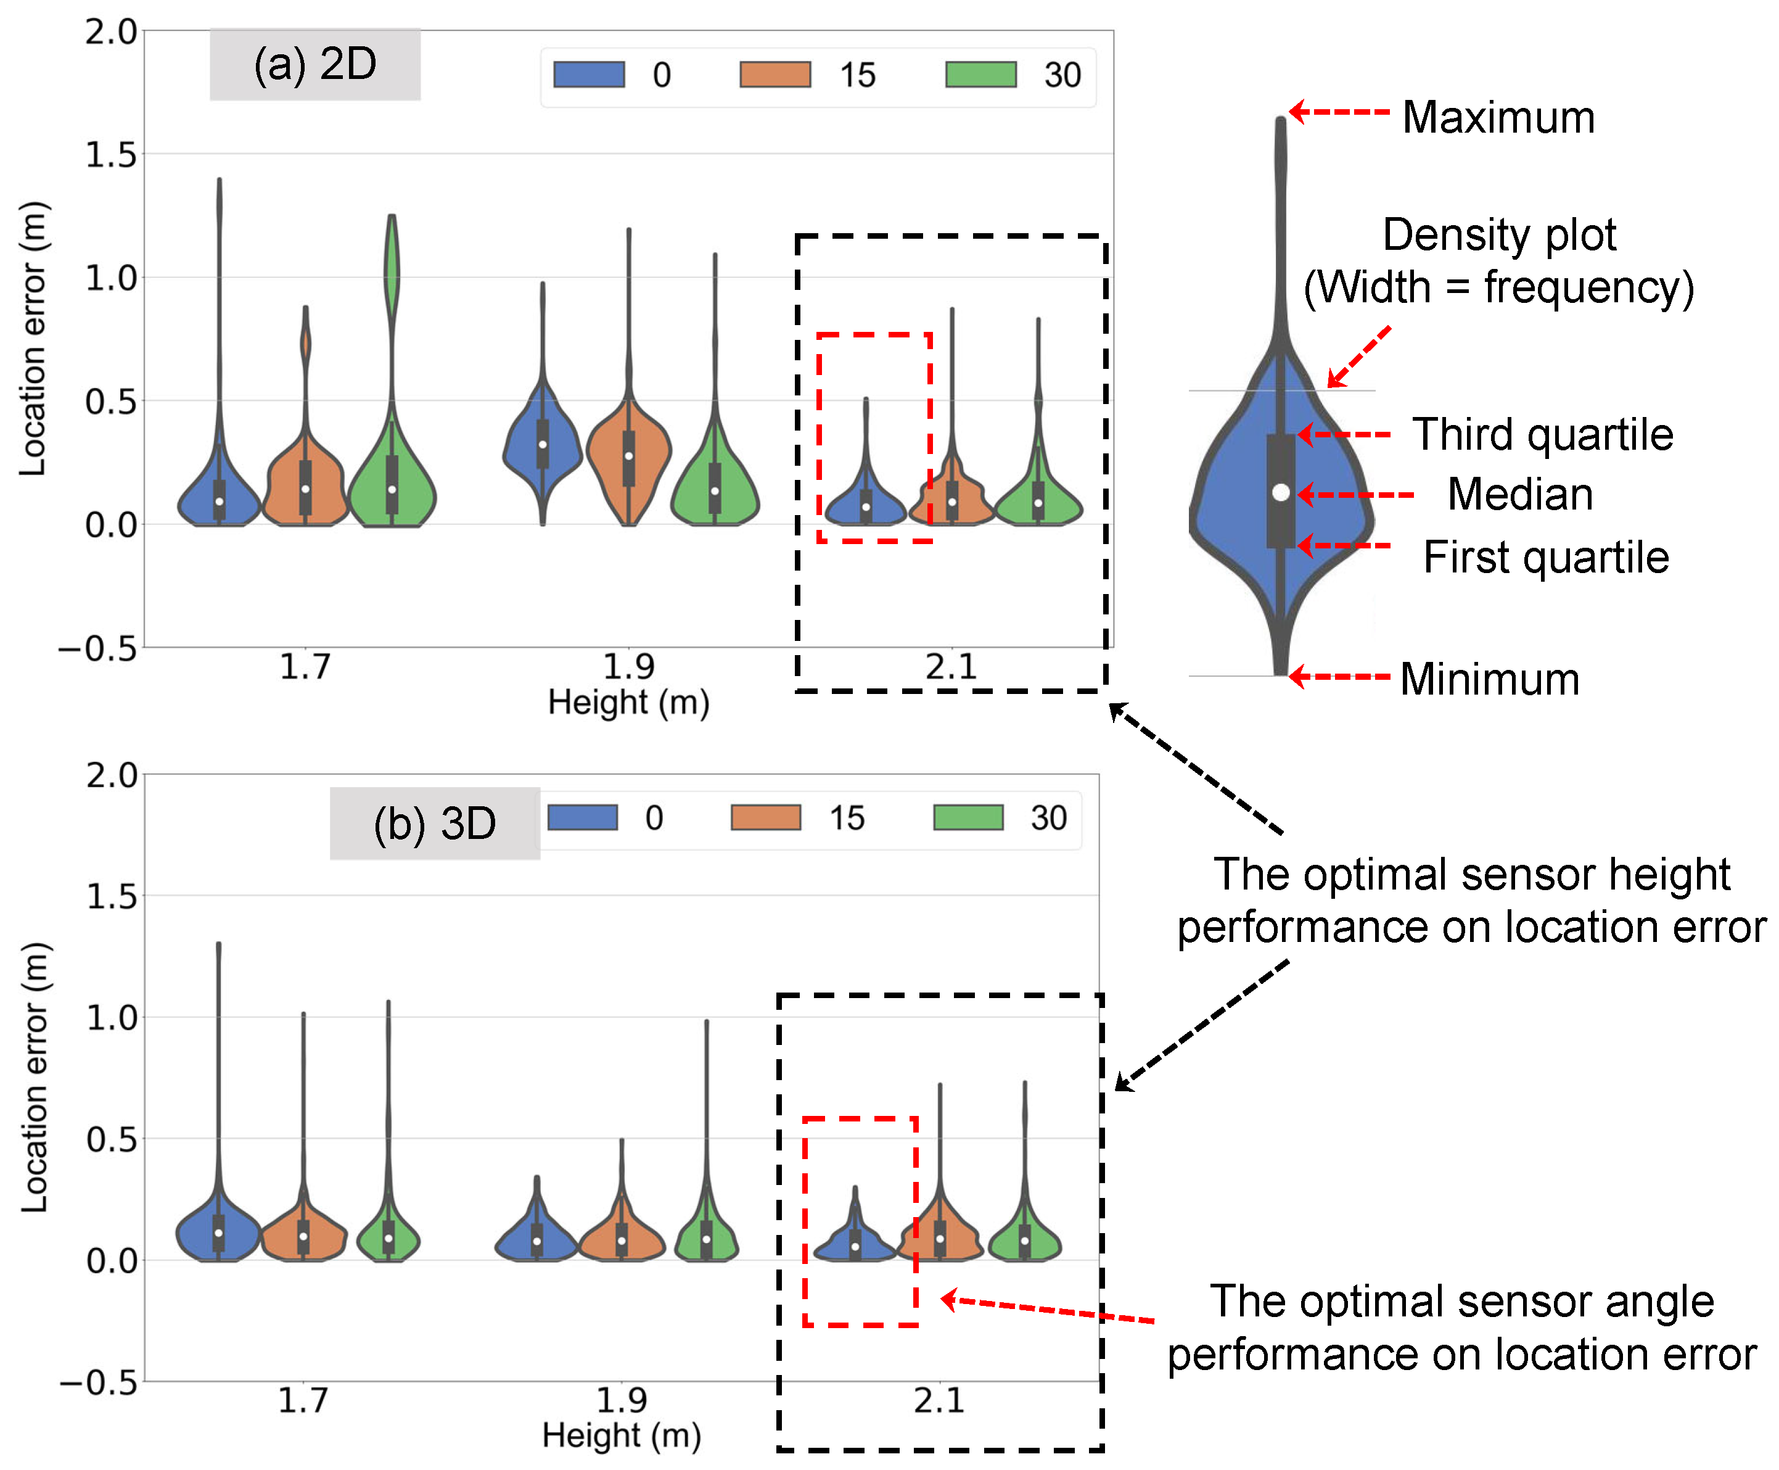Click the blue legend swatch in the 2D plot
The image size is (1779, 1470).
(x=589, y=75)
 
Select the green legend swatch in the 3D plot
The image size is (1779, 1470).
(x=968, y=817)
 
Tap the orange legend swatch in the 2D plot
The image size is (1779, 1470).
(x=775, y=75)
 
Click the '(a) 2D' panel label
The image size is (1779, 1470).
(x=315, y=64)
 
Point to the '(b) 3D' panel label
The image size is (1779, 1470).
(x=434, y=823)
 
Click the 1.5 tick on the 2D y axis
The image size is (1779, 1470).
(x=111, y=155)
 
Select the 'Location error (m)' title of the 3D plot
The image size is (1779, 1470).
(x=36, y=1076)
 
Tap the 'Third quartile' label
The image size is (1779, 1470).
(x=1542, y=434)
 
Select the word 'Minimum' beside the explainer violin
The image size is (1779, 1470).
(x=1490, y=679)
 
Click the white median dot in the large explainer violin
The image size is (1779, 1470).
(x=1281, y=492)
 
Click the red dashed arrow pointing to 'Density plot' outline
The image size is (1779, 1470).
(x=1359, y=357)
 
